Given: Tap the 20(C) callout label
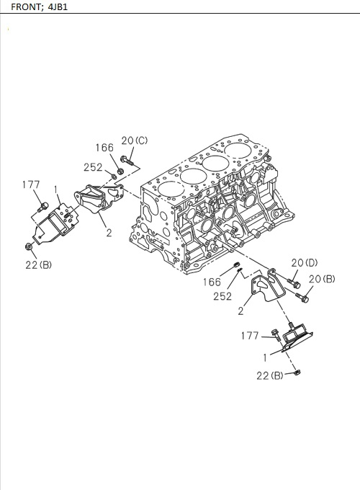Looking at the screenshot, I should tap(134, 141).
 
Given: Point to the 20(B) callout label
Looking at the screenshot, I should tap(321, 279).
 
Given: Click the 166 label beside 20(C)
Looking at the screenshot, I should tap(104, 148).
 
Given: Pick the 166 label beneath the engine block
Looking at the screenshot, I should tap(212, 282).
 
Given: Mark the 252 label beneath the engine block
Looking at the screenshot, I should tap(222, 296).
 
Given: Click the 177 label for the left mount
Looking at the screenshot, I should tap(30, 185).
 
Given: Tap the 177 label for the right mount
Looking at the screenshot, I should tap(250, 335).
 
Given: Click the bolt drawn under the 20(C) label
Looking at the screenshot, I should tap(127, 160).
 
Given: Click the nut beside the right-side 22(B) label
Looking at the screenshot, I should tap(297, 373).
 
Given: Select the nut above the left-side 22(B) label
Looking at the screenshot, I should tap(28, 247).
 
